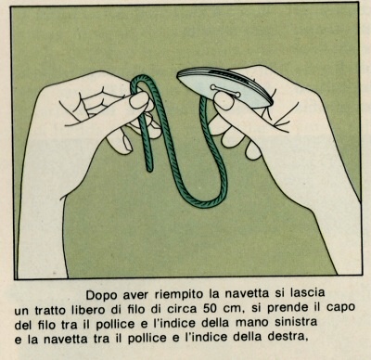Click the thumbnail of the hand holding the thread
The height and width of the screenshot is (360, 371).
pos(139,100)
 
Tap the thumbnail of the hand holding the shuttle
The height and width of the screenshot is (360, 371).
pos(224,101)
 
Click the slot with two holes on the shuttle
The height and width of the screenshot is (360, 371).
pos(225,91)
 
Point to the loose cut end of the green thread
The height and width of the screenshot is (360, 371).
pos(149,169)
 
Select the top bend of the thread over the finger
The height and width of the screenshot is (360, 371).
pos(141,77)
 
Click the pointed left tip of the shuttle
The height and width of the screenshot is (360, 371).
pos(178,75)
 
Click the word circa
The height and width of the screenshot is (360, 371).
pos(183,309)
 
